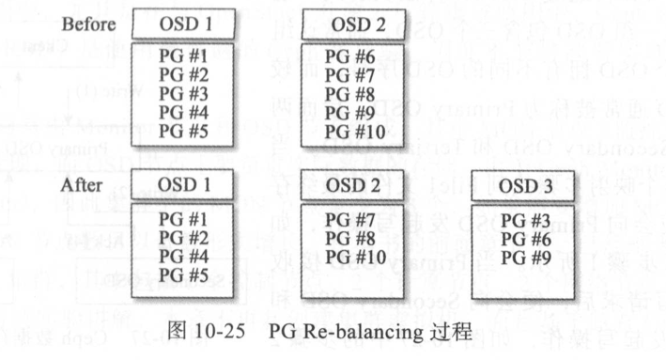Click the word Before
(88, 23)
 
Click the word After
(81, 184)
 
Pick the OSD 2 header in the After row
(354, 185)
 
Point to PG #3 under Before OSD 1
(181, 93)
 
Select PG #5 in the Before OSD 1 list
(181, 130)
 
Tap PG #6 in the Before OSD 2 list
(349, 56)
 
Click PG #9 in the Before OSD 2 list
(349, 112)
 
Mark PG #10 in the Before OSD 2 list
(353, 131)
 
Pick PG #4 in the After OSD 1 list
(181, 256)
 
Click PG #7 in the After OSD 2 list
(349, 220)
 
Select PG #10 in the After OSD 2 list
(353, 256)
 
